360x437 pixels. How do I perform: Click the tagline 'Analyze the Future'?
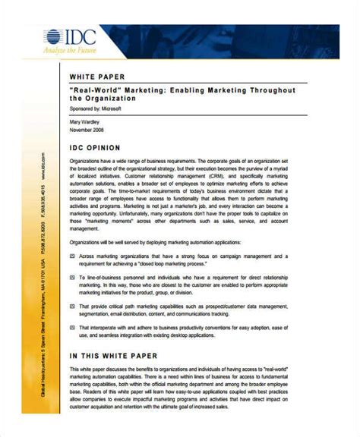[x=49, y=53]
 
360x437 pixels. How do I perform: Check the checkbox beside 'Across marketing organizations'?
[x=72, y=256]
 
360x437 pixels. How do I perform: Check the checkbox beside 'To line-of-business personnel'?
[x=72, y=278]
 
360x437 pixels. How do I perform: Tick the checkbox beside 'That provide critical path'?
[x=72, y=307]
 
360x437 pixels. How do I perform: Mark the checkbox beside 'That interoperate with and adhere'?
[x=72, y=328]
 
